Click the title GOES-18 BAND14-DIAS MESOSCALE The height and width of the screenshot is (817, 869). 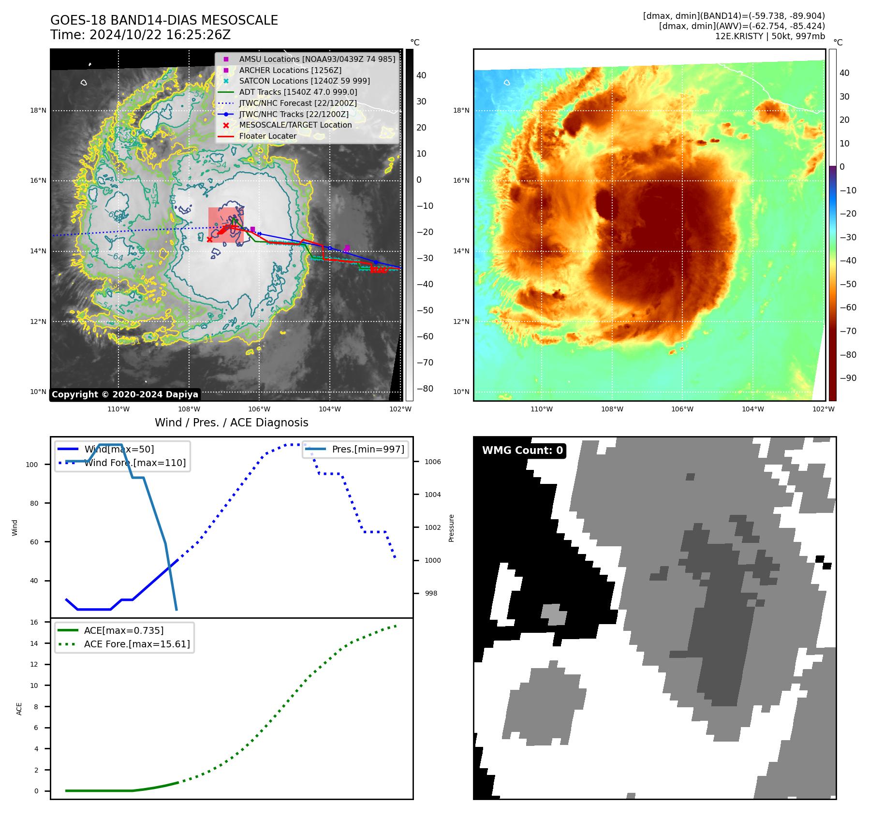coord(164,20)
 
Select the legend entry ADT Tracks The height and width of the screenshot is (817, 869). coord(298,92)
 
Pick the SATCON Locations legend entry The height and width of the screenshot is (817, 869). coord(304,81)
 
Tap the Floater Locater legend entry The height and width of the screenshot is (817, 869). coord(267,136)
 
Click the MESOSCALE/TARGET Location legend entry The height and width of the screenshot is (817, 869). coord(295,125)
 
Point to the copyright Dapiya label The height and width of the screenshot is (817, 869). coord(125,394)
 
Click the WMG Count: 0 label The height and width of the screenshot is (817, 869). coord(522,451)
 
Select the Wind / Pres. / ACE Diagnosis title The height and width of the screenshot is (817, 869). coord(231,423)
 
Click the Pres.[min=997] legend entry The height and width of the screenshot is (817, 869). coord(368,449)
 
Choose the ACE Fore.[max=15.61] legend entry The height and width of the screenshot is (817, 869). coord(137,644)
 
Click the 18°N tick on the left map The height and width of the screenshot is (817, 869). coord(38,110)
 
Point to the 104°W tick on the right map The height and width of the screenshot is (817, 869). coord(752,409)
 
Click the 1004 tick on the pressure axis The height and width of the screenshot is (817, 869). coord(432,495)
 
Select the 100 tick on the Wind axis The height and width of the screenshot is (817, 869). coord(32,465)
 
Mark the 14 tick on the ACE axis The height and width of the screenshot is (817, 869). coord(34,643)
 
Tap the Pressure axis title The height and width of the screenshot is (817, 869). coord(451,528)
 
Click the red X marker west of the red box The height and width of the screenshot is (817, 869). coord(209,239)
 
